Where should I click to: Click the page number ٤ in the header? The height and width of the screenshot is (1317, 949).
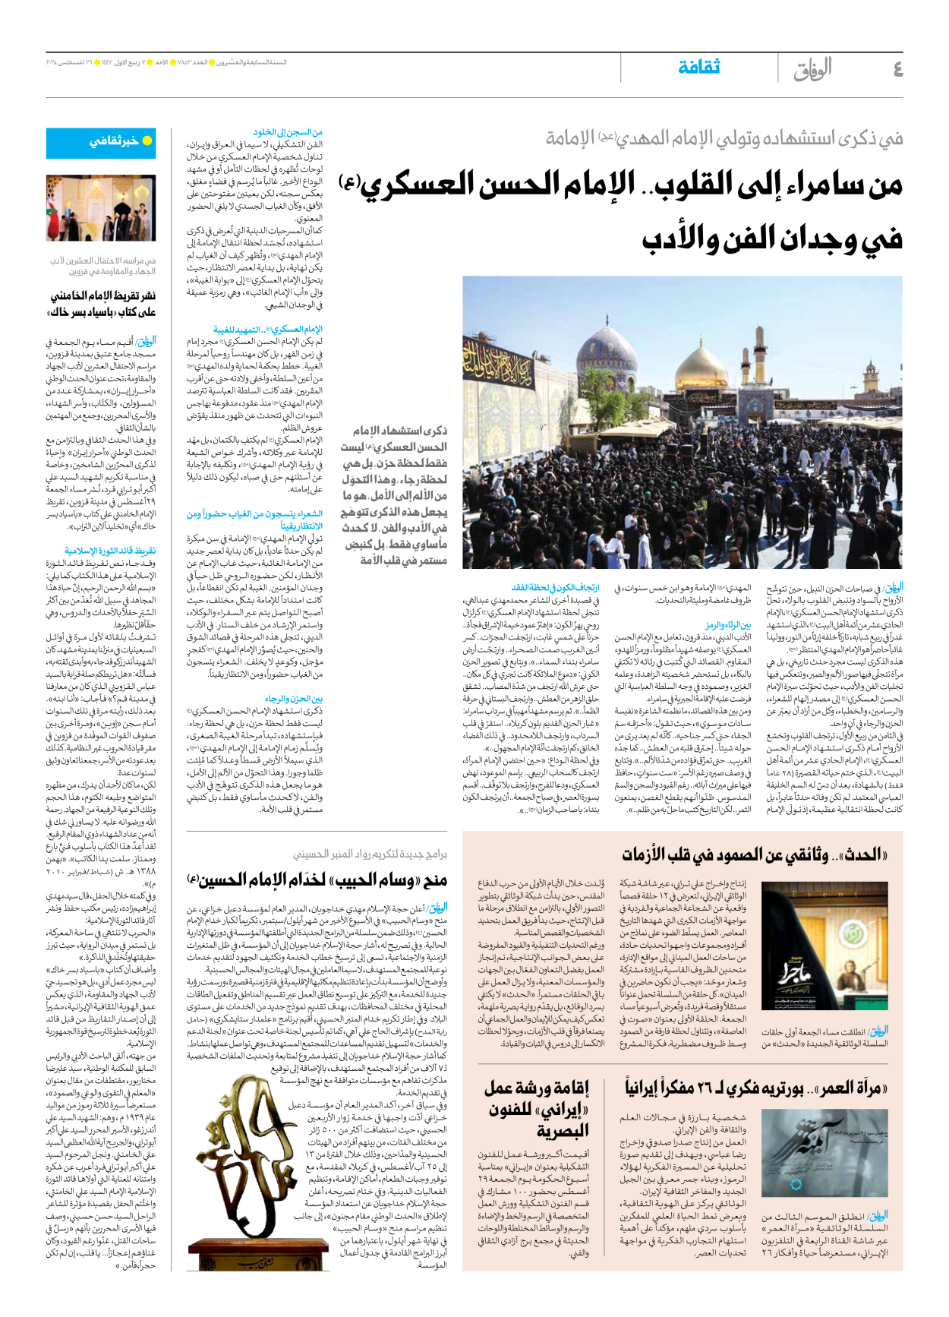[x=897, y=69]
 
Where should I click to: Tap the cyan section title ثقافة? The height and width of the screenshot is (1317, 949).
[x=698, y=67]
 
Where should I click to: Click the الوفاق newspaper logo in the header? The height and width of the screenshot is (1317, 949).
[x=812, y=69]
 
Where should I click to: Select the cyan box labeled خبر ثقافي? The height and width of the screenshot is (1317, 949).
[x=100, y=141]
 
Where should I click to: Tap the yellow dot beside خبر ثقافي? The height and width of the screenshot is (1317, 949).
[x=147, y=141]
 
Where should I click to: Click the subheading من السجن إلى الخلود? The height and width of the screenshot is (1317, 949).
[x=288, y=131]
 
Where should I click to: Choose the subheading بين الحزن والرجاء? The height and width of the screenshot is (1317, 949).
[x=294, y=698]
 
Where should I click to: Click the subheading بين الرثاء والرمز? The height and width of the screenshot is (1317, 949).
[x=727, y=624]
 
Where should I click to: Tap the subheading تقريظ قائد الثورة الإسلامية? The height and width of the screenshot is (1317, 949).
[x=110, y=551]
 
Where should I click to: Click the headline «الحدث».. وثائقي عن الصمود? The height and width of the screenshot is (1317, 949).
[x=755, y=854]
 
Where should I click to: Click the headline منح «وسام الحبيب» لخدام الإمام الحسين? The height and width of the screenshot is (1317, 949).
[x=317, y=880]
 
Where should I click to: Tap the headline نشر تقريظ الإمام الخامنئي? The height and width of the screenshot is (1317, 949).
[x=102, y=303]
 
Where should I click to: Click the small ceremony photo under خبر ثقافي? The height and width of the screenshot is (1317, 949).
[x=100, y=209]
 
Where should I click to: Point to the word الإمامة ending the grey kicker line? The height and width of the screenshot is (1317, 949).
[x=570, y=138]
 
